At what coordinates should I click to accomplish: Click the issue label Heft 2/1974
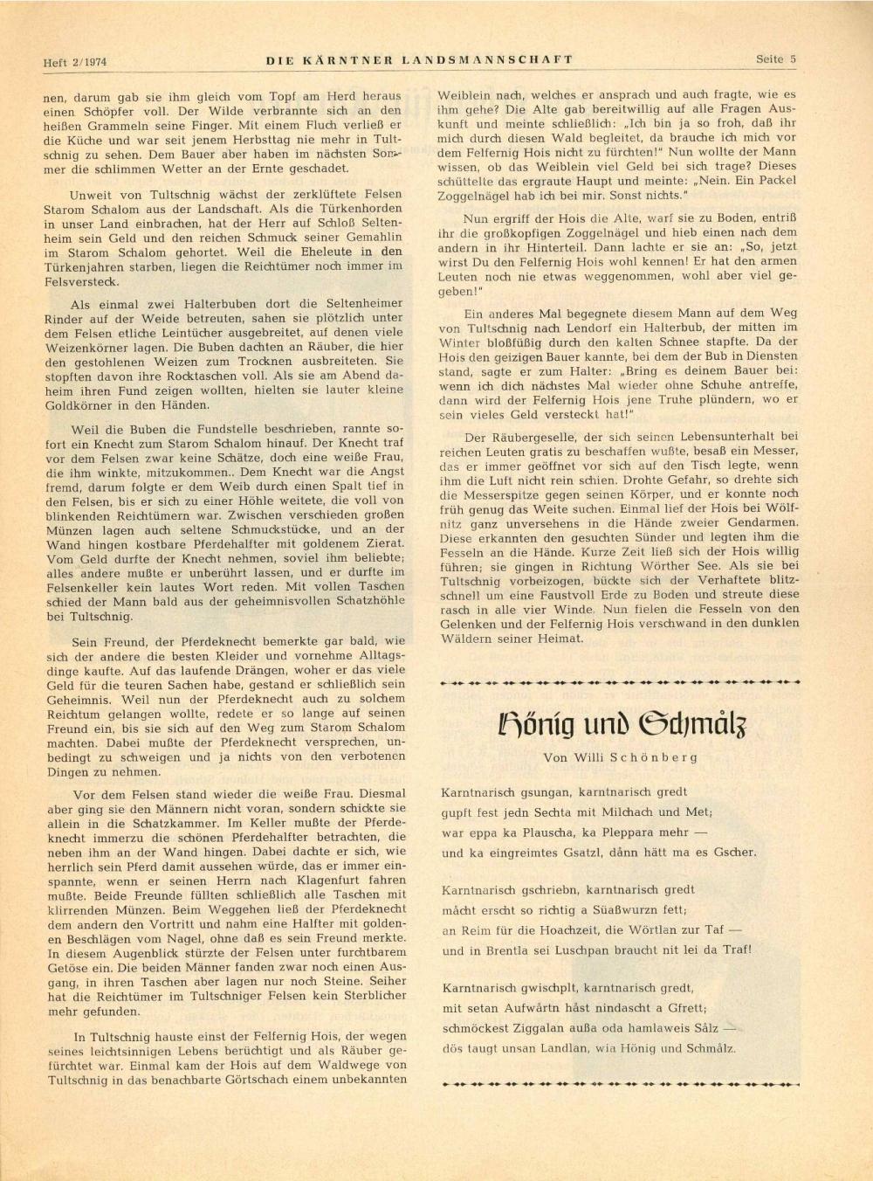coord(80,62)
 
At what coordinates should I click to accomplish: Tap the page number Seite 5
coord(776,60)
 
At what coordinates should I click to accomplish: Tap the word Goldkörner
coord(78,405)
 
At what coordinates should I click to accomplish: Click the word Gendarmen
coord(759,523)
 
